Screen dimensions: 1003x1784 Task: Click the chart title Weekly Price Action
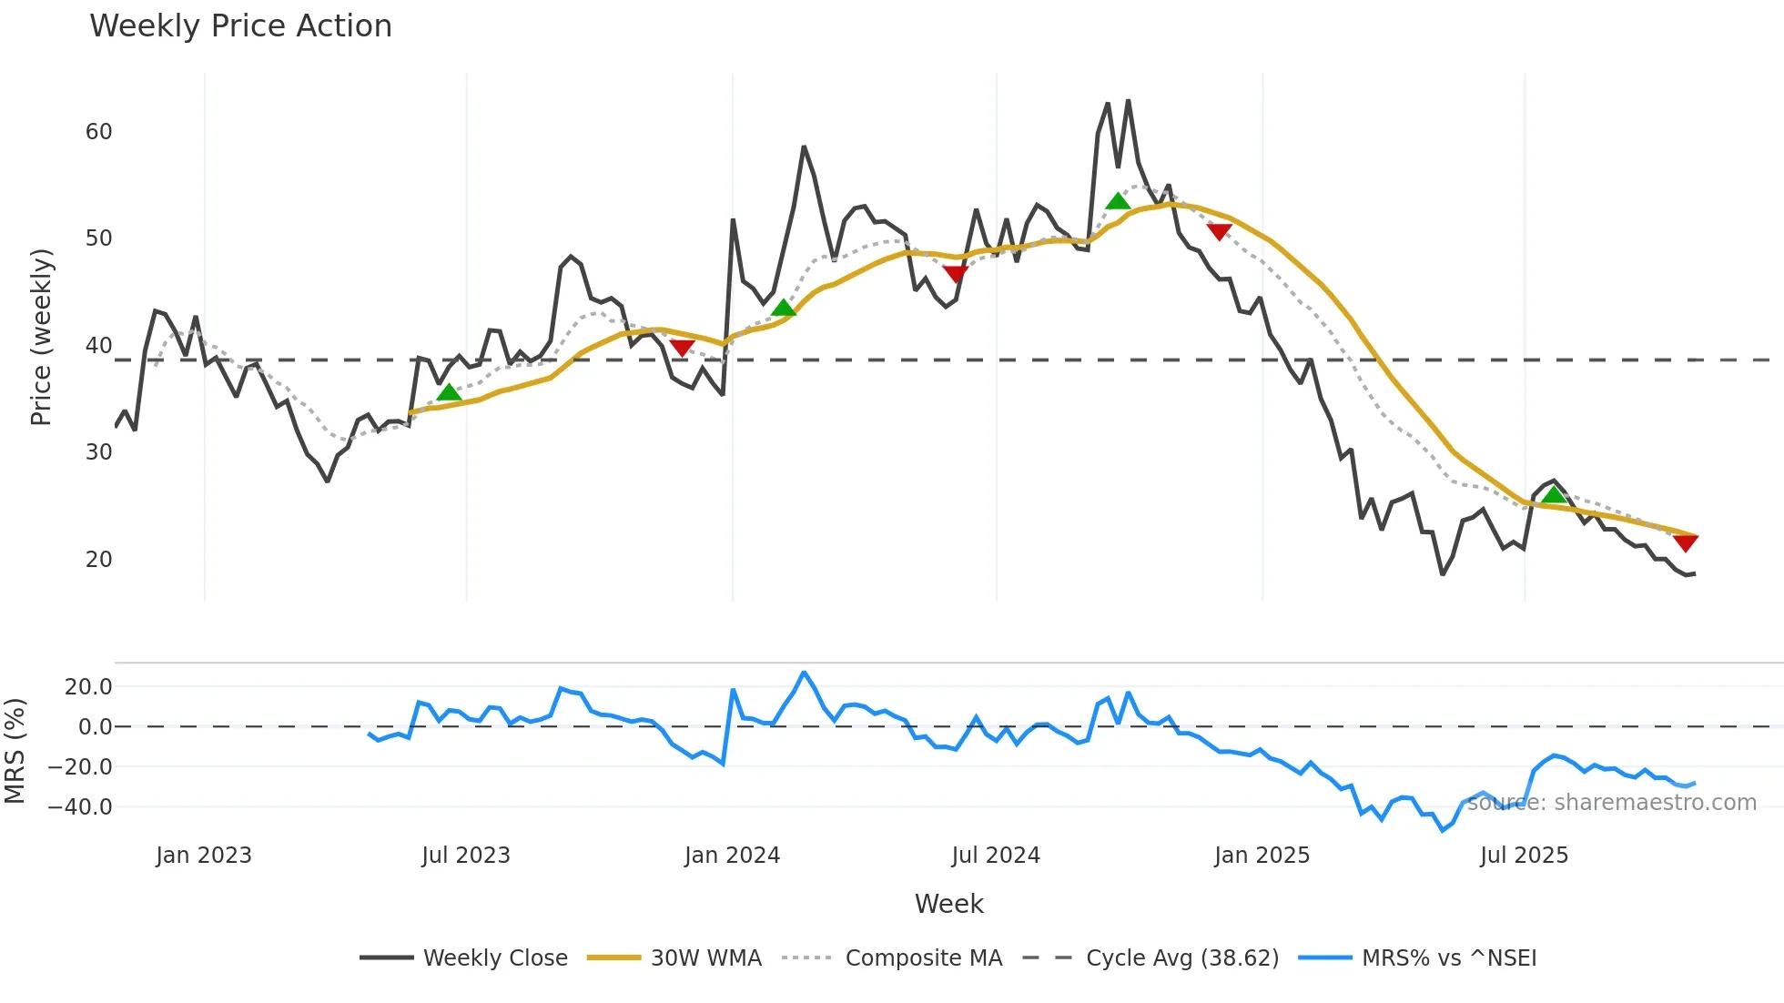coord(240,26)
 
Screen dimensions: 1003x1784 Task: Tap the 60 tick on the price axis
coord(98,132)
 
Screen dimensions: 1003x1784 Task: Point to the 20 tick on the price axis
coord(98,560)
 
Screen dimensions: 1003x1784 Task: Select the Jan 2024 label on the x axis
coord(732,856)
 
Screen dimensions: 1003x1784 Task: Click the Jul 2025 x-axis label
coord(1524,856)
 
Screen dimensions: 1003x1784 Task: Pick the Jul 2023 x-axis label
coord(465,856)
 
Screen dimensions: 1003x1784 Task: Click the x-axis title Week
coord(948,904)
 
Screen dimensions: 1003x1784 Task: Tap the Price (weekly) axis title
coord(41,337)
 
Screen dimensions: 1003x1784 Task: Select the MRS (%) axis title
coord(15,751)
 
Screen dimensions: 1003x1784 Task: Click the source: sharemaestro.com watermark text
coord(1611,803)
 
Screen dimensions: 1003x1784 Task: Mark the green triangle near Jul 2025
coord(1554,495)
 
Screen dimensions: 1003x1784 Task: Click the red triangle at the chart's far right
coord(1686,542)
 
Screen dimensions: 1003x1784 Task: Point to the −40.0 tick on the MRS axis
coord(80,807)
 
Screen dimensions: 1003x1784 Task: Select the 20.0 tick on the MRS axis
coord(87,687)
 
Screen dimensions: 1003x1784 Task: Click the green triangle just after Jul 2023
coord(449,393)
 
